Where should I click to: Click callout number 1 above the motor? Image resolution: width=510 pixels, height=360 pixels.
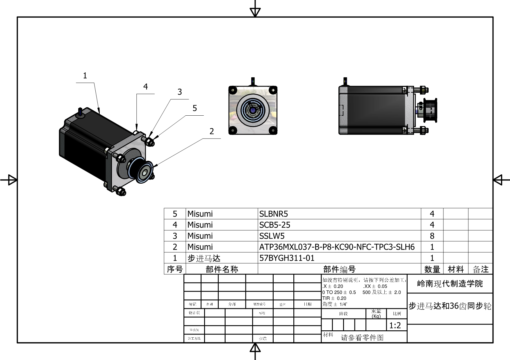click(x=85, y=76)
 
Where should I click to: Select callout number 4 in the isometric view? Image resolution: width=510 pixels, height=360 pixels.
click(x=145, y=87)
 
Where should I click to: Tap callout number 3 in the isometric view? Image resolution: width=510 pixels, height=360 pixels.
click(x=180, y=92)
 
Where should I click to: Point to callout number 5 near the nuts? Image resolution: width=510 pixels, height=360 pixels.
click(x=195, y=108)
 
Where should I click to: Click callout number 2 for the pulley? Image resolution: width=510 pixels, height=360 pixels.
click(x=212, y=131)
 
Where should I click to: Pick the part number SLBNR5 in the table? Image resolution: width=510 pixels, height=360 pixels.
click(x=274, y=214)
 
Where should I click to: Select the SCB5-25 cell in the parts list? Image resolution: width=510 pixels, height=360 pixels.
click(x=275, y=225)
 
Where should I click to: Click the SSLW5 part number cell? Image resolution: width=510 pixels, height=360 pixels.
click(x=272, y=236)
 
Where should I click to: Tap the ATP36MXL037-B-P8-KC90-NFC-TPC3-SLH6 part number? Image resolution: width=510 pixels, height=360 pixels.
click(x=337, y=247)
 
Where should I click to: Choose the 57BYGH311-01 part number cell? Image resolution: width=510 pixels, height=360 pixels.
click(x=287, y=258)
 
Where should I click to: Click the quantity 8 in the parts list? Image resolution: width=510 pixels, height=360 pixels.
click(x=432, y=236)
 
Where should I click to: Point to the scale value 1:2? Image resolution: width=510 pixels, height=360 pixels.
click(x=395, y=325)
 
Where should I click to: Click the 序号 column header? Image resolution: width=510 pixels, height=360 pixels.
click(x=175, y=269)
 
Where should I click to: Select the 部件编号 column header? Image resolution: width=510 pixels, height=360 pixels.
click(x=339, y=269)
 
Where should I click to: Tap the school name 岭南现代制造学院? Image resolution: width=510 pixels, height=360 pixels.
click(x=450, y=284)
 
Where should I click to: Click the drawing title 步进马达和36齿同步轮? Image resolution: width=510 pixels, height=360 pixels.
click(x=450, y=306)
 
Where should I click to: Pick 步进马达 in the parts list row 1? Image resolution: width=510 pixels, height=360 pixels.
click(x=204, y=258)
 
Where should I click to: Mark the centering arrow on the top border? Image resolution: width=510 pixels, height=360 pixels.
click(x=255, y=12)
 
